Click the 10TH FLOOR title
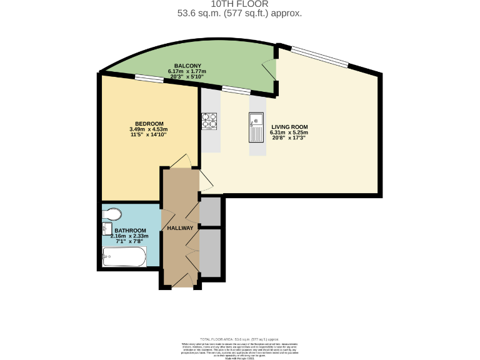click(240, 4)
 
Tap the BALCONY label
click(187, 66)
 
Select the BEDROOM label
click(149, 123)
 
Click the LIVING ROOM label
click(289, 127)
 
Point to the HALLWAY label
click(180, 228)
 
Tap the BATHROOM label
click(130, 231)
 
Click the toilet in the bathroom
click(111, 214)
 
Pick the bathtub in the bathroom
click(124, 256)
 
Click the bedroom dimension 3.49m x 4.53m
click(149, 129)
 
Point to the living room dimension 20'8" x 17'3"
click(289, 139)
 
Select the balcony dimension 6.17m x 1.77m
click(187, 71)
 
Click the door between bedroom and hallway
click(181, 162)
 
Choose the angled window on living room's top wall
click(319, 56)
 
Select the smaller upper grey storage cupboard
click(211, 211)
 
